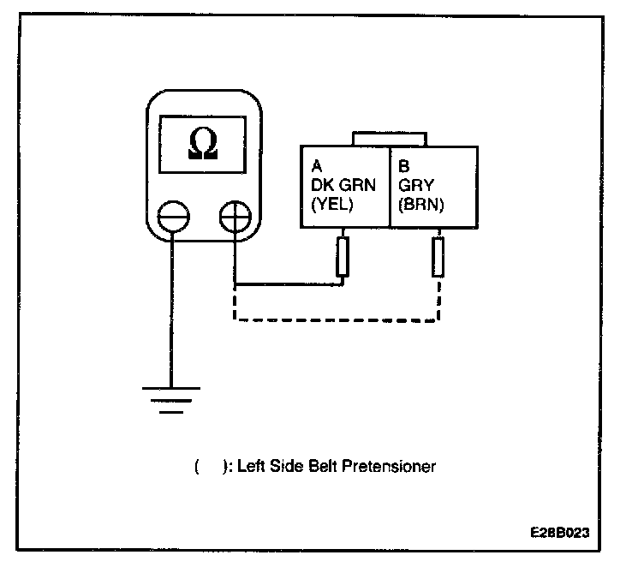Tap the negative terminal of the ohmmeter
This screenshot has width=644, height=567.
[x=173, y=214]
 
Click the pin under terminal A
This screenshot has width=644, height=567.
[x=343, y=258]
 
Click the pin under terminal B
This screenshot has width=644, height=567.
[x=439, y=258]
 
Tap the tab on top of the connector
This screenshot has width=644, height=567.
[x=389, y=139]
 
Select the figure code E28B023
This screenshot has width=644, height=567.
[x=559, y=532]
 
